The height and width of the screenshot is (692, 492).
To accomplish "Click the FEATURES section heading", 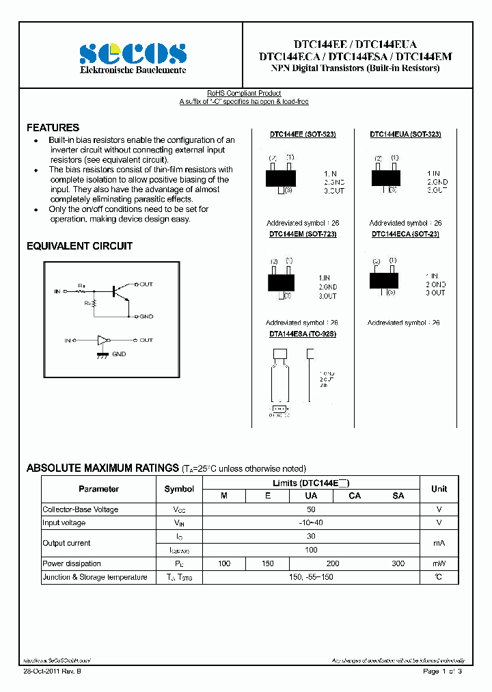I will click(x=53, y=128).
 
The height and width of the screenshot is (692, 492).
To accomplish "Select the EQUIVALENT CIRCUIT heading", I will click(x=79, y=246).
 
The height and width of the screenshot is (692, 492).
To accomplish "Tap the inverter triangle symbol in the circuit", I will click(x=103, y=340).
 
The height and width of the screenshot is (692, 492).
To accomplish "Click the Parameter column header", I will click(x=98, y=489).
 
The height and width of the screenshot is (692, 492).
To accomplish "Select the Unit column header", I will click(x=439, y=489).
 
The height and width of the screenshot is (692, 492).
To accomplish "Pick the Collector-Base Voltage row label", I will click(x=81, y=509).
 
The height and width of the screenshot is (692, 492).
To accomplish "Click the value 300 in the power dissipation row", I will click(x=398, y=563).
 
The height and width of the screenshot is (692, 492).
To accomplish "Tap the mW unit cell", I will click(x=439, y=563).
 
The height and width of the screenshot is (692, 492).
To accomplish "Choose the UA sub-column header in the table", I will click(x=311, y=496).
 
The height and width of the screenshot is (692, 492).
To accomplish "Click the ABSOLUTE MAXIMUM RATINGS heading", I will click(x=102, y=468).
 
